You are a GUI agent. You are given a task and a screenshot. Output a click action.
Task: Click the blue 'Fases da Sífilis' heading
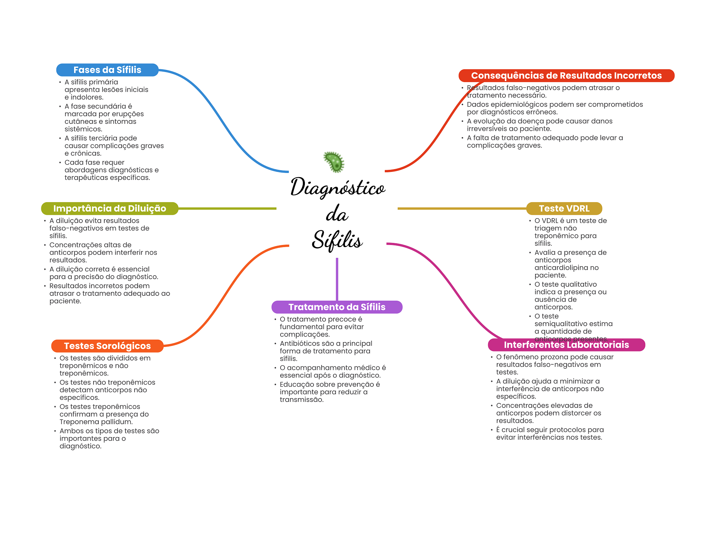(x=107, y=70)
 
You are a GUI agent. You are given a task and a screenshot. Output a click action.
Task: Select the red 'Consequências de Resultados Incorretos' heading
(x=566, y=76)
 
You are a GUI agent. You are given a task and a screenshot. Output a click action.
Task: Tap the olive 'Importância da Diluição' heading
(x=110, y=208)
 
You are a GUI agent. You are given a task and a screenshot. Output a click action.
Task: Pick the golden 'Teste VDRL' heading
(x=564, y=208)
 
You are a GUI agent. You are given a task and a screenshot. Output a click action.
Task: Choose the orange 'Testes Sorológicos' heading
(x=107, y=346)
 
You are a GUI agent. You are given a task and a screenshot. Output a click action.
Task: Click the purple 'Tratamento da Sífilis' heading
(x=337, y=307)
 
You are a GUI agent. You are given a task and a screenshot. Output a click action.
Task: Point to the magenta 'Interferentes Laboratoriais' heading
(x=566, y=345)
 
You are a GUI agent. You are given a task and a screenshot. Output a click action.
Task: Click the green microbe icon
(x=334, y=162)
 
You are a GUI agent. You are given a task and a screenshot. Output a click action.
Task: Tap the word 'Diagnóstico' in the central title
(x=338, y=187)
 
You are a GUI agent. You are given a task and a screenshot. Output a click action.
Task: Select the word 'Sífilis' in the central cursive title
(x=337, y=240)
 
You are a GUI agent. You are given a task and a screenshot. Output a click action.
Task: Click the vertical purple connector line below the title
(x=337, y=279)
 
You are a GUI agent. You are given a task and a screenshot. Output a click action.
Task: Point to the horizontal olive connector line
(x=227, y=208)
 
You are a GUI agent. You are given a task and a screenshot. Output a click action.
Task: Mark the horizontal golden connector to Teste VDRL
(x=462, y=208)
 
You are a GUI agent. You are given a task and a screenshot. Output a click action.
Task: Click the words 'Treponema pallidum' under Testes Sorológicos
(x=96, y=422)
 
